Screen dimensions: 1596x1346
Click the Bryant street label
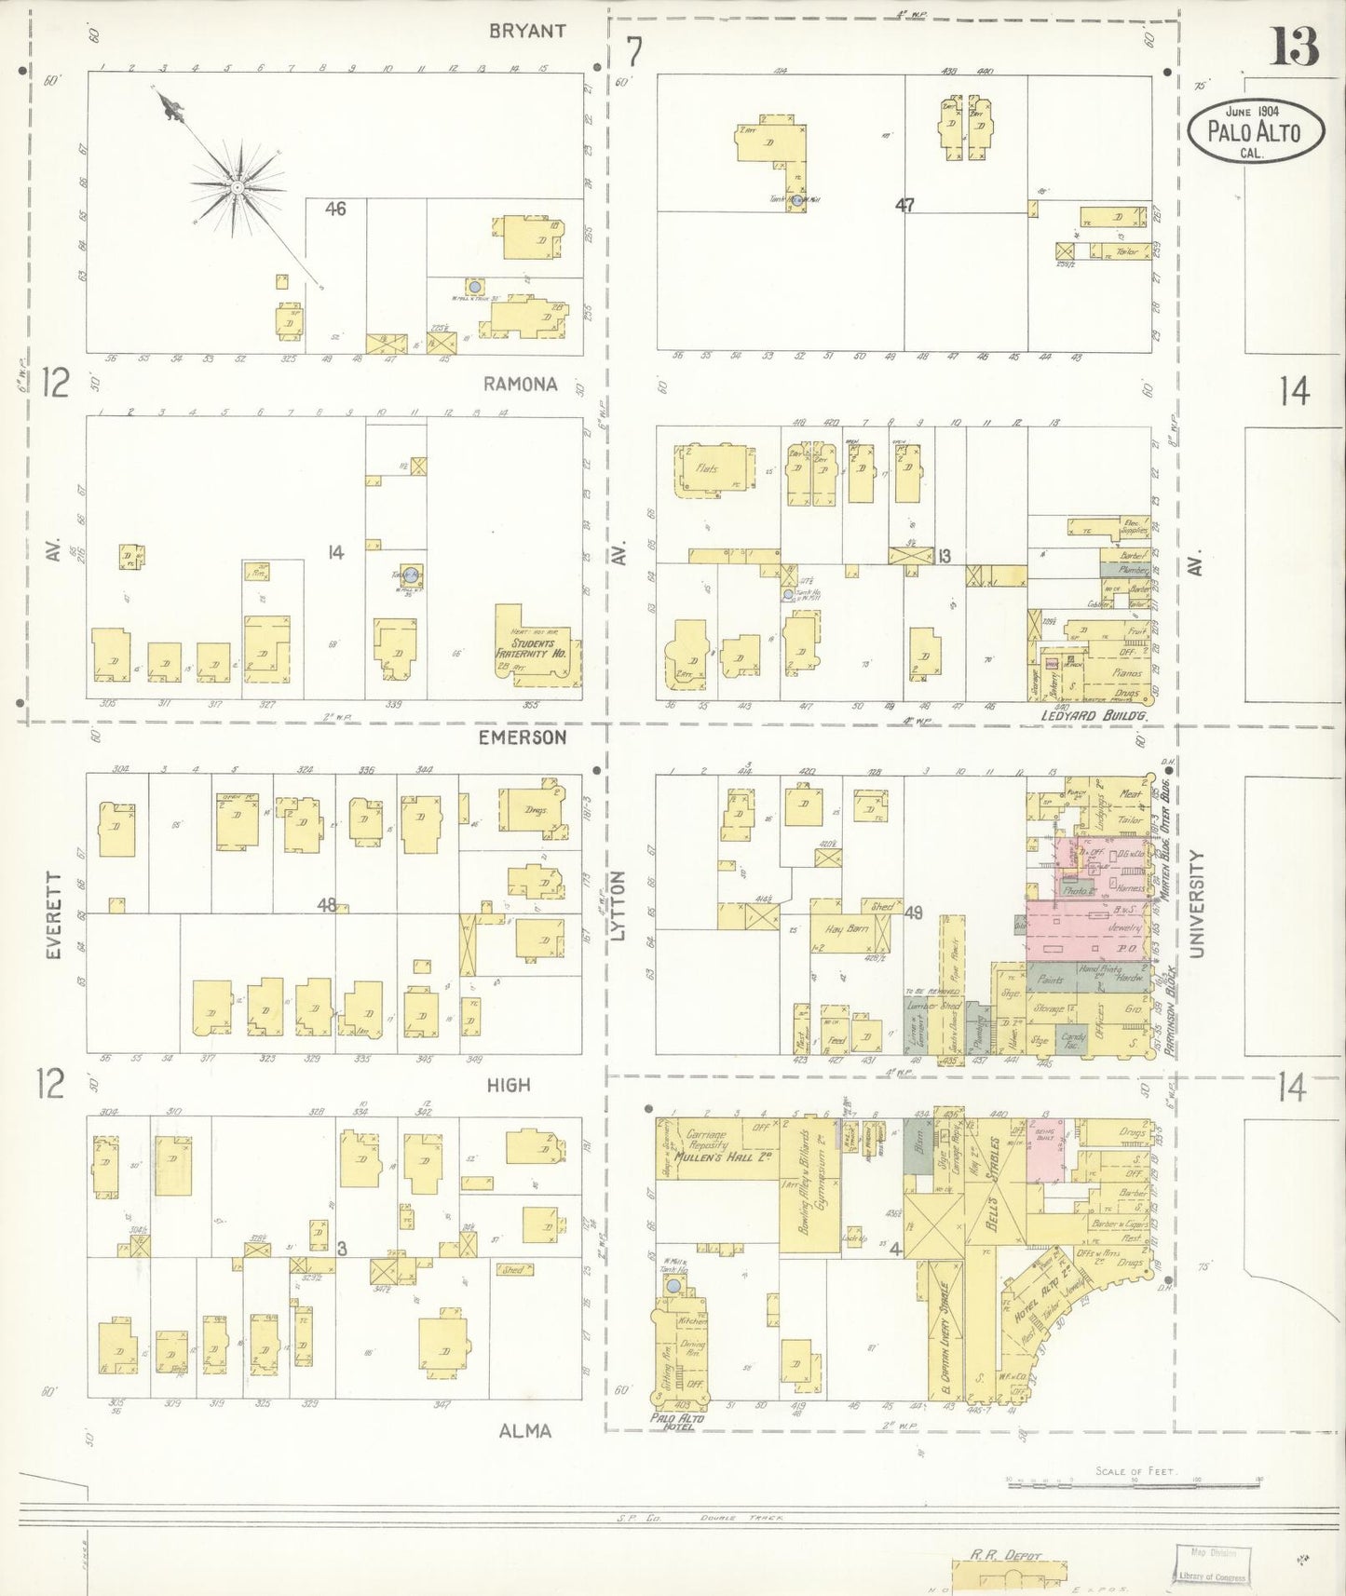pos(527,31)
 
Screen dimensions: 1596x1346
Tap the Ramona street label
pos(520,384)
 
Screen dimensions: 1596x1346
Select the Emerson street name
pos(522,737)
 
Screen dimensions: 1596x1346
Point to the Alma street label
pos(524,1431)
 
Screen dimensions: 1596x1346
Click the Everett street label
pos(53,916)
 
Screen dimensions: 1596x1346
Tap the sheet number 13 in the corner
pos(1294,47)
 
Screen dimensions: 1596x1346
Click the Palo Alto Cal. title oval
pos(1255,130)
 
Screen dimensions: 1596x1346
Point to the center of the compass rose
pos(238,186)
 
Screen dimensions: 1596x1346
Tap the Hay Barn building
pos(846,929)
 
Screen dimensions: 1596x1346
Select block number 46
pos(335,210)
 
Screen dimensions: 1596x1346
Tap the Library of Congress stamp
pos(1209,1564)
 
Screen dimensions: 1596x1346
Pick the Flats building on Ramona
pos(708,469)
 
